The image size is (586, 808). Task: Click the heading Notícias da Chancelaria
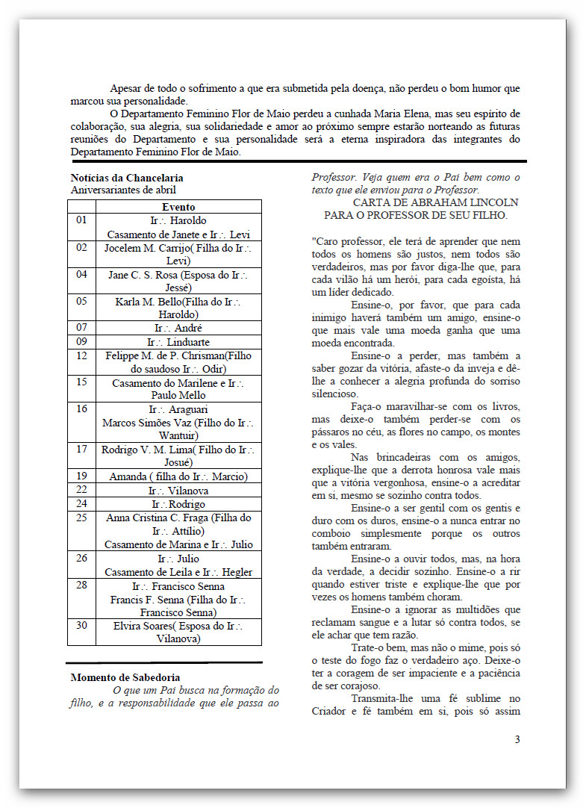127,178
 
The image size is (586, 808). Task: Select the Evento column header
178,207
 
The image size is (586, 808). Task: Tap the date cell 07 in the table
81,328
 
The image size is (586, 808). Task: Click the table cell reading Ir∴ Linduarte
178,341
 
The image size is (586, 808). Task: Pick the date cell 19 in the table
81,476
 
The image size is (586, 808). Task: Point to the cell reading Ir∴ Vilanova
178,490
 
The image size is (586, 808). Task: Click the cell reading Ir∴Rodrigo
178,503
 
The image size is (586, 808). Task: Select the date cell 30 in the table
81,625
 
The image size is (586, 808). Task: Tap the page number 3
517,739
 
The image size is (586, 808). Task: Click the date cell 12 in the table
81,355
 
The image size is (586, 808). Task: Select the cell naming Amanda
178,476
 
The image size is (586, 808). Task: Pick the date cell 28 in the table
81,585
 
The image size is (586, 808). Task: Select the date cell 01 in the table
81,220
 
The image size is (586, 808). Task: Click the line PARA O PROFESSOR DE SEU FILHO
416,215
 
